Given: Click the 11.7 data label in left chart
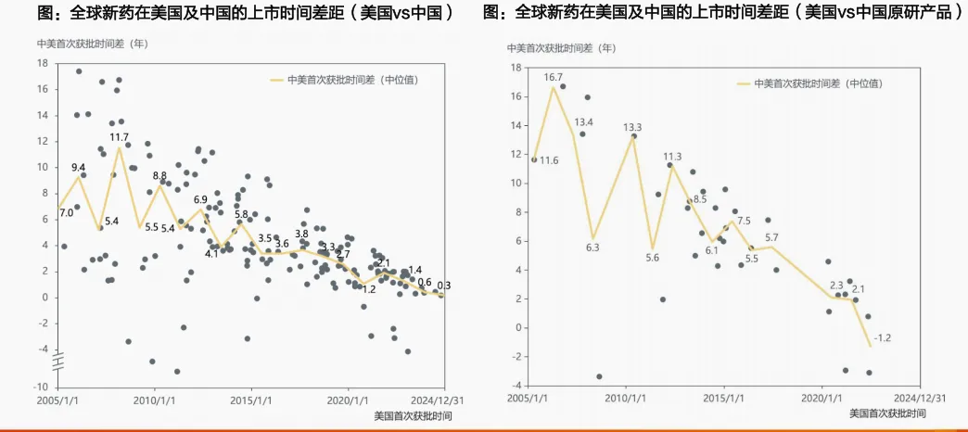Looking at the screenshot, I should [x=119, y=137].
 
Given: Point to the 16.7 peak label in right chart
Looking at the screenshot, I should [x=554, y=77].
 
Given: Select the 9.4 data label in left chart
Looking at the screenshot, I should [x=79, y=167].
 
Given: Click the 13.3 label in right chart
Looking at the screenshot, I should [x=632, y=127].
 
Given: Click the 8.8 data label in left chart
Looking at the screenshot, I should [x=159, y=176].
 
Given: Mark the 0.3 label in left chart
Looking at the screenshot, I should [x=444, y=285].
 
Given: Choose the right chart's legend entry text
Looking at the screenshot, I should [x=818, y=83].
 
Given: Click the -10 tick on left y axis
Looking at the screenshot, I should [x=42, y=386].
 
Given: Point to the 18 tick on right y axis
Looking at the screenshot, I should [x=516, y=67].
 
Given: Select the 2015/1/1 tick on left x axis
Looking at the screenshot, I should [x=251, y=401].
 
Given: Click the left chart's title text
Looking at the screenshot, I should [x=246, y=13].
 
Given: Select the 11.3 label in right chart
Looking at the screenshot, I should [x=672, y=157].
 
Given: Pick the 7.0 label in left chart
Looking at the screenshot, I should [x=66, y=213].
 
